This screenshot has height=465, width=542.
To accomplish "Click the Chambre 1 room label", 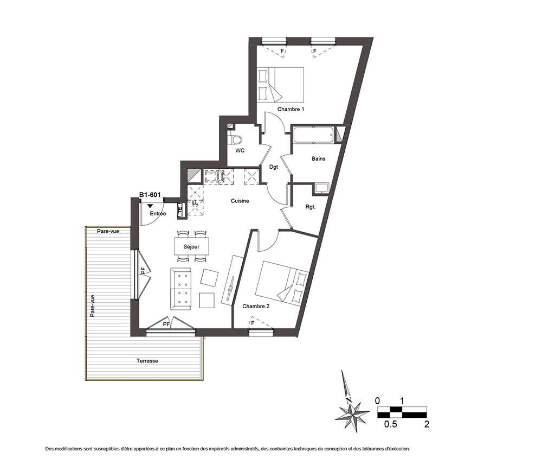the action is pyautogui.click(x=291, y=109).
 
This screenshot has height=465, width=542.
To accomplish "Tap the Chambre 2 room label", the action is pyautogui.click(x=256, y=306).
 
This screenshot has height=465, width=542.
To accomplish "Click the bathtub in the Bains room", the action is pyautogui.click(x=314, y=135).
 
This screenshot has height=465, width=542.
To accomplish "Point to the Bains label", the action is pyautogui.click(x=318, y=159).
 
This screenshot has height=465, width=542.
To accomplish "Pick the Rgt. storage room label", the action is pyautogui.click(x=311, y=207).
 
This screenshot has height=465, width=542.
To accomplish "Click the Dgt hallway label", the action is pyautogui.click(x=273, y=167).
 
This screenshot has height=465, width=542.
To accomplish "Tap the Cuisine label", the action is pyautogui.click(x=240, y=201).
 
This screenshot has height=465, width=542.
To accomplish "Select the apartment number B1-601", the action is pyautogui.click(x=150, y=195).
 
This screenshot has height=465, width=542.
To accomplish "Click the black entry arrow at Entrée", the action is pyautogui.click(x=150, y=206).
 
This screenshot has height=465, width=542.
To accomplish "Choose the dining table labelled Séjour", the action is pyautogui.click(x=191, y=246).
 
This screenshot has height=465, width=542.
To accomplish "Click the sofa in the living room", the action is pyautogui.click(x=180, y=289).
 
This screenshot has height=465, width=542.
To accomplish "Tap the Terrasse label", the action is pyautogui.click(x=147, y=361).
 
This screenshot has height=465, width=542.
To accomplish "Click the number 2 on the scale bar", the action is pyautogui.click(x=427, y=424).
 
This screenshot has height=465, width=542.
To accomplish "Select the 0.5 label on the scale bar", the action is pyautogui.click(x=391, y=424).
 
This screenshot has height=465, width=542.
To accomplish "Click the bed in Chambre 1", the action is pyautogui.click(x=280, y=85).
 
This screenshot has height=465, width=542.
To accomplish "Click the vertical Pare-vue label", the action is pyautogui.click(x=92, y=306).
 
